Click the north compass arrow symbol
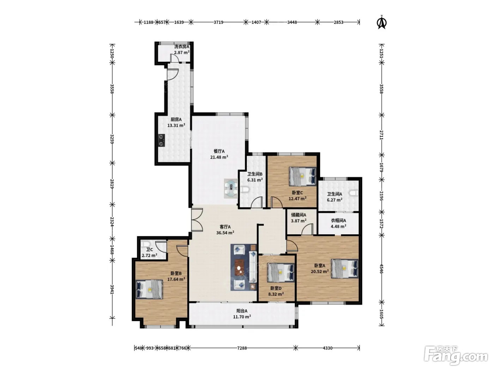pyautogui.click(x=381, y=23)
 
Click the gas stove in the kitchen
pyautogui.click(x=161, y=141)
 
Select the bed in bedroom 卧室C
pyautogui.click(x=302, y=176)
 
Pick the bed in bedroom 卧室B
pyautogui.click(x=149, y=289)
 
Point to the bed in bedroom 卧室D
pyautogui.click(x=281, y=272)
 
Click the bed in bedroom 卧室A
pyautogui.click(x=344, y=269)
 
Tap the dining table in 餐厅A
pyautogui.click(x=231, y=189)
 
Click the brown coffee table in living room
pyautogui.click(x=240, y=267)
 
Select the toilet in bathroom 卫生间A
pyautogui.click(x=354, y=193)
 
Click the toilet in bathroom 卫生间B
pyautogui.click(x=245, y=190)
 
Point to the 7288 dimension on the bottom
pyautogui.click(x=242, y=348)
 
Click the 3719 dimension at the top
pyautogui.click(x=218, y=22)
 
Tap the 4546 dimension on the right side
pyautogui.click(x=381, y=269)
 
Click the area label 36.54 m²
pyautogui.click(x=225, y=233)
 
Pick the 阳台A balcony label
pyautogui.click(x=242, y=311)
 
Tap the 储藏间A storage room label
pyautogui.click(x=299, y=215)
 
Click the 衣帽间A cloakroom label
pyautogui.click(x=338, y=221)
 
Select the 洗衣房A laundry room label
pyautogui.click(x=182, y=47)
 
